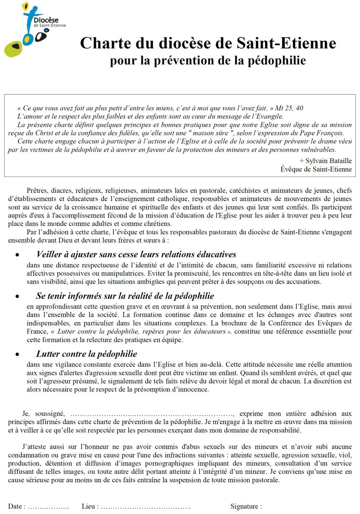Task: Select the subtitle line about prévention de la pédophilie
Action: point(208,60)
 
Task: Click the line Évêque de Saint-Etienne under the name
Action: point(316,169)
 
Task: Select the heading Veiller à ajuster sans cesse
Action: point(136,254)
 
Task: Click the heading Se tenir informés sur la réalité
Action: point(125,296)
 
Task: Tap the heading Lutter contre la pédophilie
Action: point(87,354)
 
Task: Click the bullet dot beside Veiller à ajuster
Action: point(17,255)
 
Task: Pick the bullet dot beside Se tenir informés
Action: point(17,296)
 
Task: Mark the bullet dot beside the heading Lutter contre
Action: point(17,354)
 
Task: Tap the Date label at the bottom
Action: point(16,506)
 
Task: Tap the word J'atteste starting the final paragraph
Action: point(34,447)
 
